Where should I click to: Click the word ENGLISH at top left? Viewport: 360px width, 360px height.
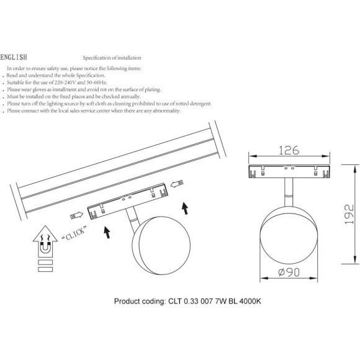[14, 57]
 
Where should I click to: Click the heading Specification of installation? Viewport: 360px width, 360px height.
[112, 58]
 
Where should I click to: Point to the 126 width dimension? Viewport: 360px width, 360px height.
[289, 150]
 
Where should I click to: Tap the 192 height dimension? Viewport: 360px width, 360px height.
[349, 214]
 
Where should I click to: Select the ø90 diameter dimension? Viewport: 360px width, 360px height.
[289, 272]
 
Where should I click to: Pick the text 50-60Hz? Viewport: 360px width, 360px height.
[97, 83]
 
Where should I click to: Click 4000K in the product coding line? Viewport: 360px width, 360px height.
[250, 301]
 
